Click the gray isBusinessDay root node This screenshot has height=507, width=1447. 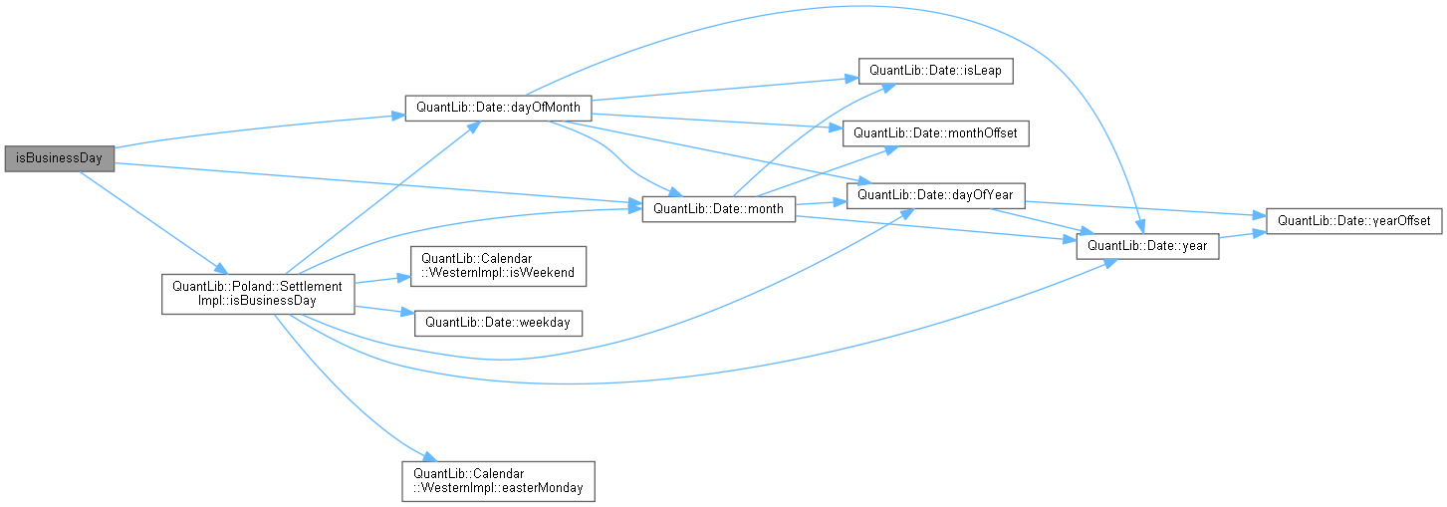pos(59,158)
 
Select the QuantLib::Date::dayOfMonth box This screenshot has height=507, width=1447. pos(498,109)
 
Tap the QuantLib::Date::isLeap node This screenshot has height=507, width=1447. pos(936,71)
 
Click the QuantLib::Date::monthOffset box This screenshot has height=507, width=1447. pos(936,132)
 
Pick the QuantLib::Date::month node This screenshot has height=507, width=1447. pos(718,208)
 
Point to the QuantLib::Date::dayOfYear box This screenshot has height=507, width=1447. pos(935,194)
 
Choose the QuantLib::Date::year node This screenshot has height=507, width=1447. pos(1147,245)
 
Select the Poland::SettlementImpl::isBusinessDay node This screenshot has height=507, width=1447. pos(258,293)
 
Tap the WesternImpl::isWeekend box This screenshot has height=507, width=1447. pos(498,266)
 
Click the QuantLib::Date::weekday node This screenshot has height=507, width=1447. pos(498,322)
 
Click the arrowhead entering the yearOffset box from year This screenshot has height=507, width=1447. pos(1260,231)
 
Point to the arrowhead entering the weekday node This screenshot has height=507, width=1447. pos(409,315)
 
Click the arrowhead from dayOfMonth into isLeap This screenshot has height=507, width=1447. pos(853,78)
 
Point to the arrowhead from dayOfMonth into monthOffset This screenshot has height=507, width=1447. pos(839,127)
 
